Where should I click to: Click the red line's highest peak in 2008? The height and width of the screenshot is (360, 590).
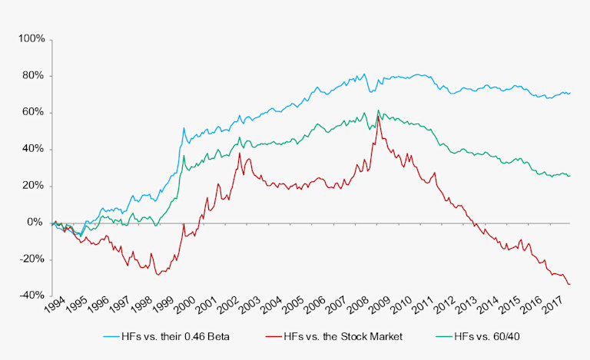379,115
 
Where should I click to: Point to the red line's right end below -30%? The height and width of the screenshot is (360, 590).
569,284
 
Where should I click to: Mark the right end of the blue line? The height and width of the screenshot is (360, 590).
570,93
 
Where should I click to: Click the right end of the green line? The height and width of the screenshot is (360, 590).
570,176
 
